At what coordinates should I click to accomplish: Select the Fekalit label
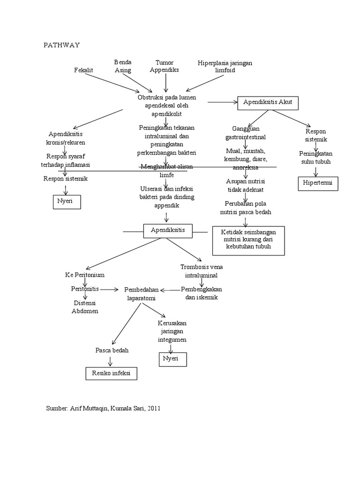[83, 70]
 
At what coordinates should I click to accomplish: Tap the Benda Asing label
[123, 66]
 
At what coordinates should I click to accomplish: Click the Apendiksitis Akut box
[268, 103]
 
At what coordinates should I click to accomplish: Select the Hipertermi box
[317, 183]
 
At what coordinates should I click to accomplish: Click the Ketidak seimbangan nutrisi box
[248, 241]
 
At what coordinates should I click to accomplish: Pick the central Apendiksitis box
[167, 230]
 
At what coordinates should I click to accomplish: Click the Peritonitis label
[85, 289]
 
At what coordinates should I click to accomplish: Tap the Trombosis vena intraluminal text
[202, 271]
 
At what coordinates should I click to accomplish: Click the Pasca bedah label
[112, 350]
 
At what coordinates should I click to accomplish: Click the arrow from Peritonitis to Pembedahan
[109, 290]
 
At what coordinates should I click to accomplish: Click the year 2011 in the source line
[153, 408]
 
